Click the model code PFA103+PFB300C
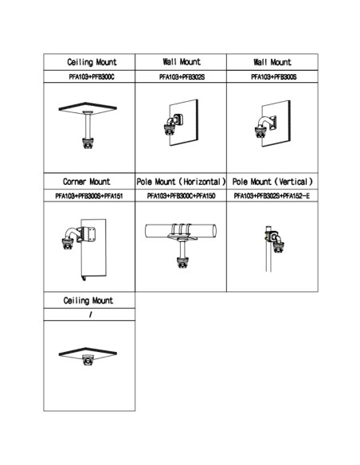point(92,76)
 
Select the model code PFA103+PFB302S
point(182,76)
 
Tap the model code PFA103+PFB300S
point(274,76)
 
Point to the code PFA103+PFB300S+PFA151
point(89,196)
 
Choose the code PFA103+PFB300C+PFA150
point(181,196)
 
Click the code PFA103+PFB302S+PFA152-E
point(272,196)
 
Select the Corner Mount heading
point(87,182)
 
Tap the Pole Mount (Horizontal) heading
point(181,182)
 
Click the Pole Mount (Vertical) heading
point(272,182)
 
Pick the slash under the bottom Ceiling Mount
point(90,315)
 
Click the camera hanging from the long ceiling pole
point(88,143)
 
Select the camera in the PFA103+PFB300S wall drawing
point(260,131)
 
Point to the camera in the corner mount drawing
point(68,244)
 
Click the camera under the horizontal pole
point(182,263)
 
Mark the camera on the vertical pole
point(279,247)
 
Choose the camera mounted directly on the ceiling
point(88,360)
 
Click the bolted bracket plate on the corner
point(88,234)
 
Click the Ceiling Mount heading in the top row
point(92,62)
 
